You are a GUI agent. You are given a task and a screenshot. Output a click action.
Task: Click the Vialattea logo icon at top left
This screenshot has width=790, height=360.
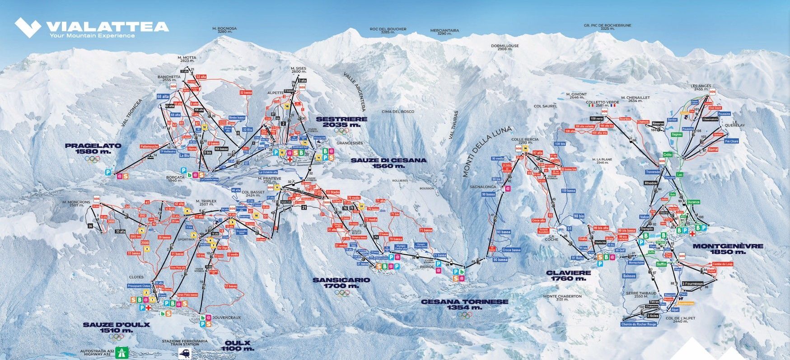(28, 27)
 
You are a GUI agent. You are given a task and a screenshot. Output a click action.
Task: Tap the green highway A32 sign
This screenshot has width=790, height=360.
(121, 351)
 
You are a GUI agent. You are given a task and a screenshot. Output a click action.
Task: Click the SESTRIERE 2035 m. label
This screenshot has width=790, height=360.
(341, 122)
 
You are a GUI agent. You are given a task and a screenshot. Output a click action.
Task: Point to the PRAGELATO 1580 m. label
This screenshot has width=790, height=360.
(93, 149)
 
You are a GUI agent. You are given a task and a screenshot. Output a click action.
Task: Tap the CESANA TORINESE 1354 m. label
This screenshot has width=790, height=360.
(464, 304)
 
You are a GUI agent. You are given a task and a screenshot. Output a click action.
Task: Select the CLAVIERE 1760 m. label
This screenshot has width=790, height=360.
(568, 276)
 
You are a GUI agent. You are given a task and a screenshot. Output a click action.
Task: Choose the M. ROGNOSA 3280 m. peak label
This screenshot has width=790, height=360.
(224, 30)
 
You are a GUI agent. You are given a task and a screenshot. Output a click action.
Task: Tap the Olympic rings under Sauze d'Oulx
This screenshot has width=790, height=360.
(117, 337)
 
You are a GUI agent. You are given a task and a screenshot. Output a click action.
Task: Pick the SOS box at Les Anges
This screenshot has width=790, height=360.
(713, 92)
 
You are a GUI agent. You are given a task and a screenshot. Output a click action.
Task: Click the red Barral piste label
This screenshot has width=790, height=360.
(713, 149)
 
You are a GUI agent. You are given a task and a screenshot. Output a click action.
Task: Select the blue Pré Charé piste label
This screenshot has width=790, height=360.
(731, 141)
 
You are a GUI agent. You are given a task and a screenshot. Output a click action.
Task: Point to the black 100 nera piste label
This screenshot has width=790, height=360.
(596, 118)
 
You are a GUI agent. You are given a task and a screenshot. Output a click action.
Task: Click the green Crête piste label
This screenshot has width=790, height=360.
(667, 154)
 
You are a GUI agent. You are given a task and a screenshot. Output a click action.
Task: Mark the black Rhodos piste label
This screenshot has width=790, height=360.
(650, 183)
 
